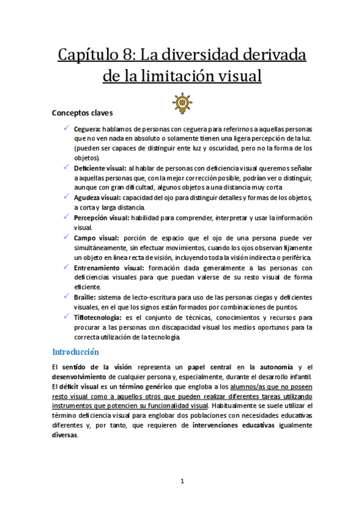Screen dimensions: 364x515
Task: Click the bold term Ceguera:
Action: coord(87,129)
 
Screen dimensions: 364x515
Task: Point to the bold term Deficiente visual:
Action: coord(100,168)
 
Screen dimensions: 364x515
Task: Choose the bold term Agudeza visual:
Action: coord(97,197)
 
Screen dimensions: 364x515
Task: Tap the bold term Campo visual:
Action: coord(96,237)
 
